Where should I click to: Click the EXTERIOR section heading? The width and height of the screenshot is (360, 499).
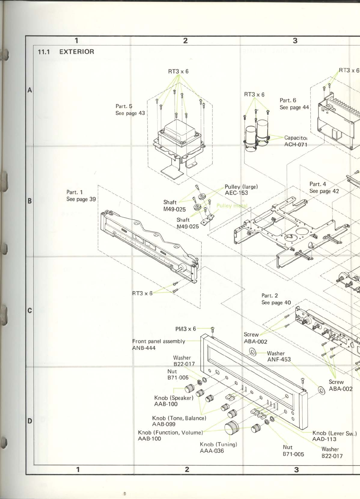76,52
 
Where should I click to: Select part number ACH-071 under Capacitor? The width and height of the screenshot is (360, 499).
295,145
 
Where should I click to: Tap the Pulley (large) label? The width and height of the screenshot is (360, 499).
241,187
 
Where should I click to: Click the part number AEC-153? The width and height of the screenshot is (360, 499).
236,193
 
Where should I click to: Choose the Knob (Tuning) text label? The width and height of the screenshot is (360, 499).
218,444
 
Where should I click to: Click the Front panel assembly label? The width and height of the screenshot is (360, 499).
159,341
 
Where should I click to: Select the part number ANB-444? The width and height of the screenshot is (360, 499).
144,348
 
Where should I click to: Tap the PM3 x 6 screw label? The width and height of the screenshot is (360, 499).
185,329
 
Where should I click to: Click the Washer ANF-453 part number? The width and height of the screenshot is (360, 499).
279,360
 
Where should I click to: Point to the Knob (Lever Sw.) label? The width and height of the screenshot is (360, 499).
334,433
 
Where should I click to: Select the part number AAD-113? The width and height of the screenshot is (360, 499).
324,439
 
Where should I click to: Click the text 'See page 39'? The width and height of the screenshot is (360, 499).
81,199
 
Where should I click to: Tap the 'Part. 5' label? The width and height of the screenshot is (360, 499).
124,106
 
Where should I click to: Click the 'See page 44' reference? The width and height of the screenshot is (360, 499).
294,107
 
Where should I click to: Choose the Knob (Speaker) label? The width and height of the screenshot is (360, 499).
174,398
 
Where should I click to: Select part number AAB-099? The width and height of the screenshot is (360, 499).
164,424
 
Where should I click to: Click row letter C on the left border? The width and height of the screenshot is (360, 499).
30,311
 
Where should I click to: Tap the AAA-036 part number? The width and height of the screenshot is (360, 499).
212,451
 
